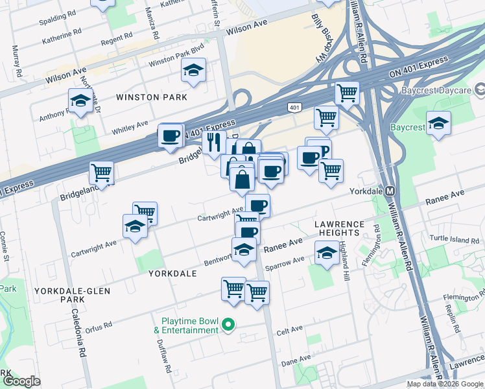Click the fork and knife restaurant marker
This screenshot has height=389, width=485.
click(x=214, y=143)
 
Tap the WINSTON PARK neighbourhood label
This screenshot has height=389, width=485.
click(x=151, y=97)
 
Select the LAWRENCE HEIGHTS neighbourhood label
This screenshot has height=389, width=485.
click(x=337, y=228)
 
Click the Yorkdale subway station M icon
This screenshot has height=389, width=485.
click(x=390, y=193)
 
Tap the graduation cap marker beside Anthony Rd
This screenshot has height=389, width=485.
click(x=80, y=101)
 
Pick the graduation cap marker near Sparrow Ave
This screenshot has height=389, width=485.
click(x=327, y=252)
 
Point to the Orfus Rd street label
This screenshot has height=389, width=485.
click(x=98, y=324)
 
